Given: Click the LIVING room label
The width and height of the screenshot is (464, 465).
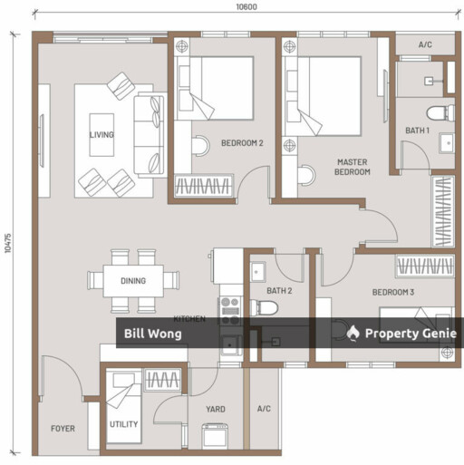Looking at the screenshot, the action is (x=101, y=134).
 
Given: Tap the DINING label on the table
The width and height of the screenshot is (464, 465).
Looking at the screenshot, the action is (x=133, y=281).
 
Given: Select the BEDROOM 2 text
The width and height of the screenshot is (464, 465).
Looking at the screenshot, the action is (x=242, y=143).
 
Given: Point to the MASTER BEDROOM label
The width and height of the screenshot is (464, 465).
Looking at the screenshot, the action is (x=353, y=167).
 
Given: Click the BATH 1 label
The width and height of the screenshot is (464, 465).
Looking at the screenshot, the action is (x=417, y=131).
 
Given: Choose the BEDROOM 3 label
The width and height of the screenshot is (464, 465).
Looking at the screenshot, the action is (x=393, y=292).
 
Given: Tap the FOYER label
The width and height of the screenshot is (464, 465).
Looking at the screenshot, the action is (x=63, y=429).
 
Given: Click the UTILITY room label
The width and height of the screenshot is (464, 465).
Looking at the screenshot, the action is (x=123, y=424).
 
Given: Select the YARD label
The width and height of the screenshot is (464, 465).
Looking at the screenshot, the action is (x=216, y=409).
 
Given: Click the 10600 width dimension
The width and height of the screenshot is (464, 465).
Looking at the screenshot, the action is (x=246, y=6).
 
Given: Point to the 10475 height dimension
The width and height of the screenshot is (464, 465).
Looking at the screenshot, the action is (x=8, y=243).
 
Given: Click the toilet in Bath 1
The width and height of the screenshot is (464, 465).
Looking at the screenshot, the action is (x=440, y=112).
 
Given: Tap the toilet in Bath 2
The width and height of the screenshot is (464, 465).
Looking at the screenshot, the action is (x=264, y=307).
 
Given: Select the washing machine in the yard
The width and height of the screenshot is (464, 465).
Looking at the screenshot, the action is (x=215, y=436).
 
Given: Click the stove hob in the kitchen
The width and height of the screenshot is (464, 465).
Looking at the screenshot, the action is (x=230, y=311).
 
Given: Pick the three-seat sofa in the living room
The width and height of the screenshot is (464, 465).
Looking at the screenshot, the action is (x=150, y=135).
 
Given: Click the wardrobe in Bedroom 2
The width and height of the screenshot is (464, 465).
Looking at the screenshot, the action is (x=204, y=186).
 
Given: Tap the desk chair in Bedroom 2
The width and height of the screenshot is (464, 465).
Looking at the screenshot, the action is (x=200, y=146).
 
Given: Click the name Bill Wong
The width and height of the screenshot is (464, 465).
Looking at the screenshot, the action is (x=153, y=334).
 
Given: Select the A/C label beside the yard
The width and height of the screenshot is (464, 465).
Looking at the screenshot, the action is (x=264, y=409).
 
